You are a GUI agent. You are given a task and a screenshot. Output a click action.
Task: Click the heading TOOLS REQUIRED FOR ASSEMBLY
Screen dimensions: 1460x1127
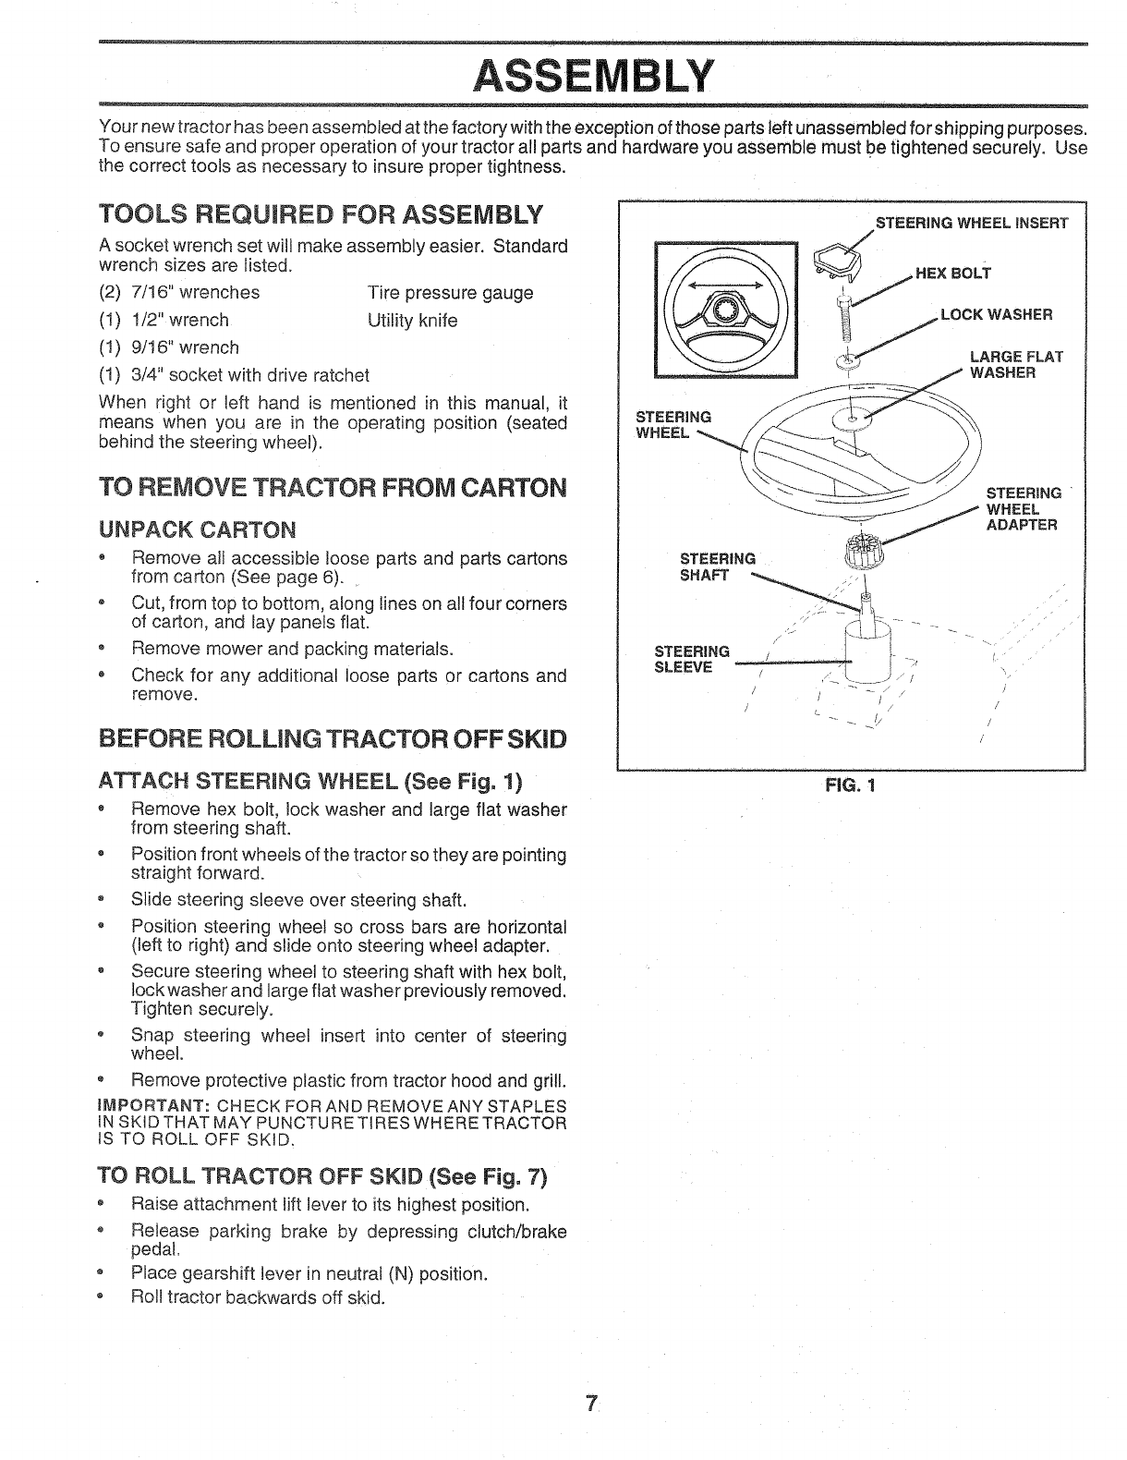[x=320, y=216]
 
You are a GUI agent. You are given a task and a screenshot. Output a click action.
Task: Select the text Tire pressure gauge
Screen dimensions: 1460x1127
[x=450, y=293]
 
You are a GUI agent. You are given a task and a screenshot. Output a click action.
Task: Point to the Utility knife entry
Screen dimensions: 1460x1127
[x=412, y=321]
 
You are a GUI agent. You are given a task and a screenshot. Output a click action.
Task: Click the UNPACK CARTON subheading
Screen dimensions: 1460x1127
[x=198, y=529]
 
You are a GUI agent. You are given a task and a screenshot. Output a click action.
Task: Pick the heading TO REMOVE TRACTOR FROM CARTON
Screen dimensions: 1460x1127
[x=331, y=488]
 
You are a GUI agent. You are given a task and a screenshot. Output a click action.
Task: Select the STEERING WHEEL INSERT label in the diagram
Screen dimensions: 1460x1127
[x=971, y=223]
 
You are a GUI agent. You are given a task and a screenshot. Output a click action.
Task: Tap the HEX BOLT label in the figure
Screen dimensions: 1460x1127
[x=952, y=273]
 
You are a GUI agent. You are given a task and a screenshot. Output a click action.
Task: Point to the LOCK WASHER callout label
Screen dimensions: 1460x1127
[x=996, y=314]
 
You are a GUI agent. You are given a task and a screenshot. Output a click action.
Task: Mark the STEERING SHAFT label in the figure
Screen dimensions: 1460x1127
[x=717, y=566]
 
